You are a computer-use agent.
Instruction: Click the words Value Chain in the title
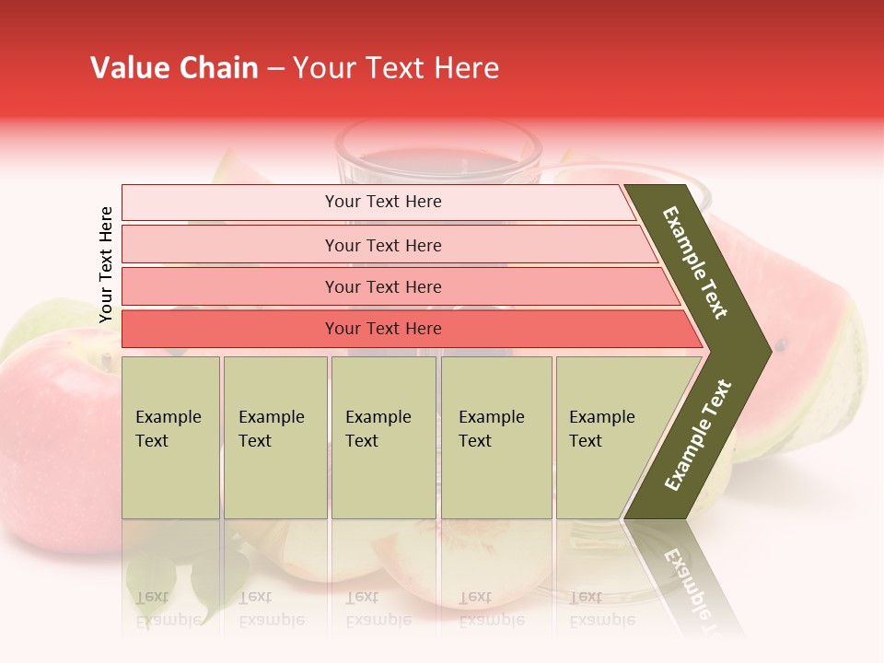[174, 68]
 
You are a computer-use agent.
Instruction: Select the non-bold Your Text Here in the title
[396, 68]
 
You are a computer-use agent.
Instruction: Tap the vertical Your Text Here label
[106, 264]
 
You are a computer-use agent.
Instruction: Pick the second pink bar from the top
[382, 245]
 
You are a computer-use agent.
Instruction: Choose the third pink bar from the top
[382, 286]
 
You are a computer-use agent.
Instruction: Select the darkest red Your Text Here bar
[382, 329]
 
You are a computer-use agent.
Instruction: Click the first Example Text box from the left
[170, 436]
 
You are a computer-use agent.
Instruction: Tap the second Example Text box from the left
[274, 436]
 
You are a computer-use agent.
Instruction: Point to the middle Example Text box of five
[383, 436]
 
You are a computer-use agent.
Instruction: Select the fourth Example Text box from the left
[495, 436]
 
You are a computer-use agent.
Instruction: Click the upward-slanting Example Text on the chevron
[698, 435]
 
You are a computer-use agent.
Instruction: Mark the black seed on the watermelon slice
[781, 346]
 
